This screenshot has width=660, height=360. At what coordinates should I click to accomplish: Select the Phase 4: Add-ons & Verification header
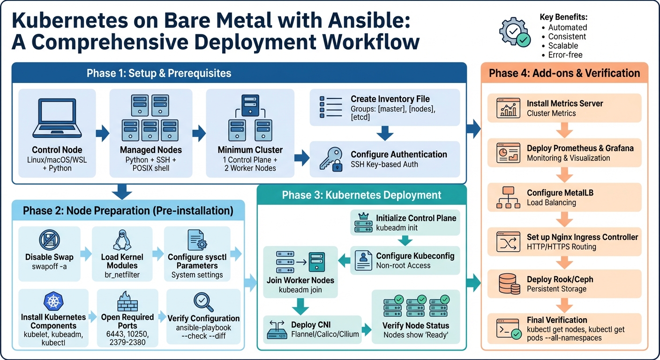[x=564, y=73]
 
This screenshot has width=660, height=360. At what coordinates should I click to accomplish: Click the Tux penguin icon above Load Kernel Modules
[x=122, y=240]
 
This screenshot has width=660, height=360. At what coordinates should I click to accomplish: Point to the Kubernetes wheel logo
[x=53, y=301]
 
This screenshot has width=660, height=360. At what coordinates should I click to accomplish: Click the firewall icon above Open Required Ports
[x=127, y=302]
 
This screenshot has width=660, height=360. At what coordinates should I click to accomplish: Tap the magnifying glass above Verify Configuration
[x=203, y=301]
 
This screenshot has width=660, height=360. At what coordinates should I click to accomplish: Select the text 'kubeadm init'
[x=397, y=227]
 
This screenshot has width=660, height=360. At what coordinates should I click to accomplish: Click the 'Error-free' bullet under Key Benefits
[x=565, y=55]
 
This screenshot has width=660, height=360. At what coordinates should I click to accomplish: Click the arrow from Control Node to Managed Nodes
[x=102, y=134]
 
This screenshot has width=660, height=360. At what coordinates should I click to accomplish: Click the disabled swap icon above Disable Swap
[x=49, y=241]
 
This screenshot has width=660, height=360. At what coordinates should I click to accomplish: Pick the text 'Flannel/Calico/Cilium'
[x=325, y=334]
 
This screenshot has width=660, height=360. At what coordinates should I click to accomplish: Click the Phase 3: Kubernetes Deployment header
[x=361, y=195]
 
